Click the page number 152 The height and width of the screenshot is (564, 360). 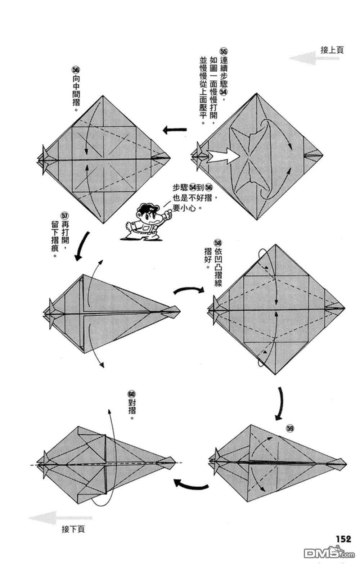tap(343, 538)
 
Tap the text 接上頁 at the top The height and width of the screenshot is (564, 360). tap(332, 50)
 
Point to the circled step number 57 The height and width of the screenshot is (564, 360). tap(64, 216)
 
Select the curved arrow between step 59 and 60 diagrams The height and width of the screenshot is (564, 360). tap(190, 484)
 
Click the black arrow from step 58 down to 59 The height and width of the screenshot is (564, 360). tap(280, 403)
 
